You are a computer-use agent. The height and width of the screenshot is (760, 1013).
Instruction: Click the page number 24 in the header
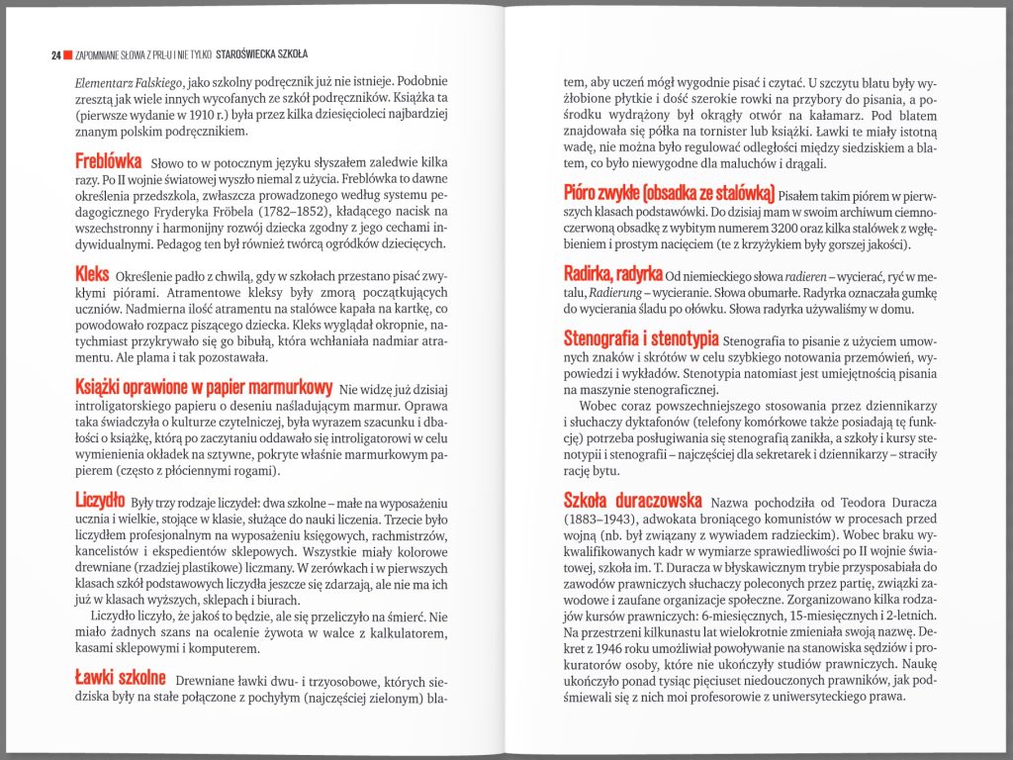(x=56, y=54)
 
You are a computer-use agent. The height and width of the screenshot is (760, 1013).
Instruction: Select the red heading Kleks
(x=92, y=272)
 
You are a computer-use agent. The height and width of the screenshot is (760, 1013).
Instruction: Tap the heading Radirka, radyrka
(x=613, y=273)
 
